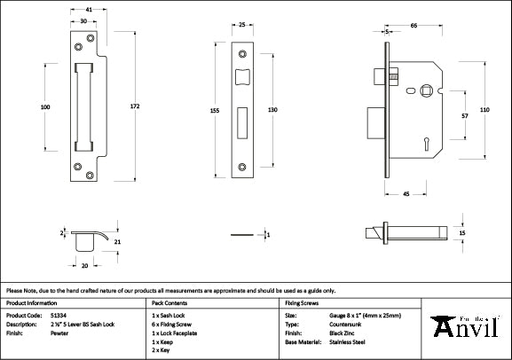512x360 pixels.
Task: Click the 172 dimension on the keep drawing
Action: pos(134,106)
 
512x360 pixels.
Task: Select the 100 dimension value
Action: pos(45,106)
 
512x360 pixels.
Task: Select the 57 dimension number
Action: pos(464,115)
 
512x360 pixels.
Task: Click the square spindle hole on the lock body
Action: pos(427,89)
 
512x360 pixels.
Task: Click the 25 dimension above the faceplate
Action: pos(242,26)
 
